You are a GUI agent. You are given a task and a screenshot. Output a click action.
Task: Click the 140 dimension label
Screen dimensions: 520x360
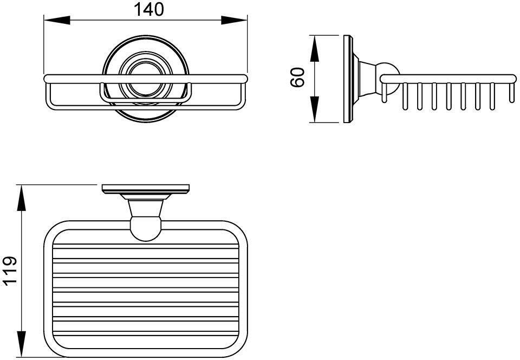point(148,9)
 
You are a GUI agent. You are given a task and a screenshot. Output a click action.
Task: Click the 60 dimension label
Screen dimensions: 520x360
point(297,78)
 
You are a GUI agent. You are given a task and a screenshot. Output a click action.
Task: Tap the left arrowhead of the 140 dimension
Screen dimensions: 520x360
point(57,20)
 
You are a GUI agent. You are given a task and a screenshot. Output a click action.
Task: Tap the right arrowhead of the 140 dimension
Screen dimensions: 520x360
point(234,20)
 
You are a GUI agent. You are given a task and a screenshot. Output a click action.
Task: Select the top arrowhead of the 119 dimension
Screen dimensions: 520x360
point(22,198)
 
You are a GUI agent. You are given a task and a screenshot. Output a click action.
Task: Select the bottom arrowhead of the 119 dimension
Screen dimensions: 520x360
point(22,344)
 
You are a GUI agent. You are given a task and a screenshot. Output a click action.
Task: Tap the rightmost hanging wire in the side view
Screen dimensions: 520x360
point(512,92)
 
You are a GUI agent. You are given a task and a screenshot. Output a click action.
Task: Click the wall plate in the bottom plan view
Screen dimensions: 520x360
point(146,189)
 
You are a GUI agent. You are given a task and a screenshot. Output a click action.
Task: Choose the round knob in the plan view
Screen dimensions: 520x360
point(146,228)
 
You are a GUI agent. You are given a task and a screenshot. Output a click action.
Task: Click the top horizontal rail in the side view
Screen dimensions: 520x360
point(448,79)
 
